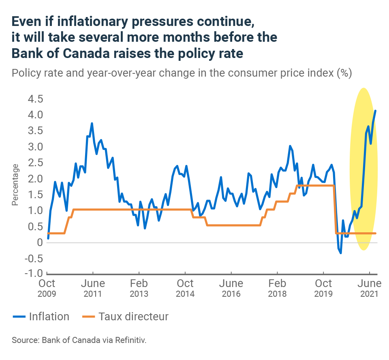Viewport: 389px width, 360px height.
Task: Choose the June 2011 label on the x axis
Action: [x=93, y=288]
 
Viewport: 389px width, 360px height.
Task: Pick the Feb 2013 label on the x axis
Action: [x=139, y=288]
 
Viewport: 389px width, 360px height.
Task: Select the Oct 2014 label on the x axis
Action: [x=185, y=288]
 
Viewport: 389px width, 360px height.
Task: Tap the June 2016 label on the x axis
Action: [x=231, y=288]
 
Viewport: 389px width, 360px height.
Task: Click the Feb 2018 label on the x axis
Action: [x=277, y=288]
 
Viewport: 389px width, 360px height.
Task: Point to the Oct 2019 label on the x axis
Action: [x=323, y=288]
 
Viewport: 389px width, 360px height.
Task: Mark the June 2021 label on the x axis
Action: [x=369, y=288]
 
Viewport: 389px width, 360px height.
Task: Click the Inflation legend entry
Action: [x=49, y=316]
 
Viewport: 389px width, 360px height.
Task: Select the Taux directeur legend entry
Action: [x=133, y=316]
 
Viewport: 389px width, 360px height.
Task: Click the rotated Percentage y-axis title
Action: [x=15, y=184]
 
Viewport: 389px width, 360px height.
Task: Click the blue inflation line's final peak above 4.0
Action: [x=375, y=111]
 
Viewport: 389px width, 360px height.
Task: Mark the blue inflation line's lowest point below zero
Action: [x=340, y=253]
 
